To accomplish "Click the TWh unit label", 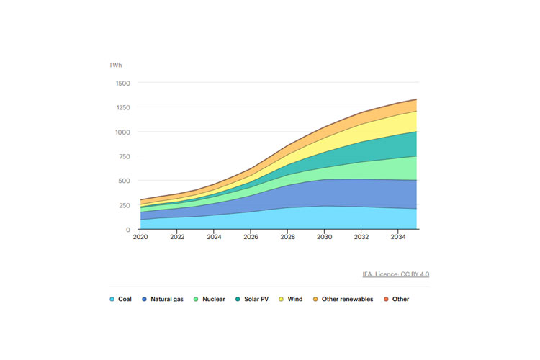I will point(115,66).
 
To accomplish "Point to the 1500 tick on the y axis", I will point(122,84).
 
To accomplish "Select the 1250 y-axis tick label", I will point(122,108).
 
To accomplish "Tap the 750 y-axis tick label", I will point(125,156).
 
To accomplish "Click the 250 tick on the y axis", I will point(125,205).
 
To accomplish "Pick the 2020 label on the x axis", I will point(140,237).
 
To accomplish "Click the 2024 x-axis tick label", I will point(213,237).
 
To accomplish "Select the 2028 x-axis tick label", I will point(287,237).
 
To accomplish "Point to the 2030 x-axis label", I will point(323,237).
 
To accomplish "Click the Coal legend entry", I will point(121,299).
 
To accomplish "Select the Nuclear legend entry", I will point(210,299).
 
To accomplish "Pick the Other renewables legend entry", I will point(346,299).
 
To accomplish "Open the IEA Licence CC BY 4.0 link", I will point(396,274).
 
